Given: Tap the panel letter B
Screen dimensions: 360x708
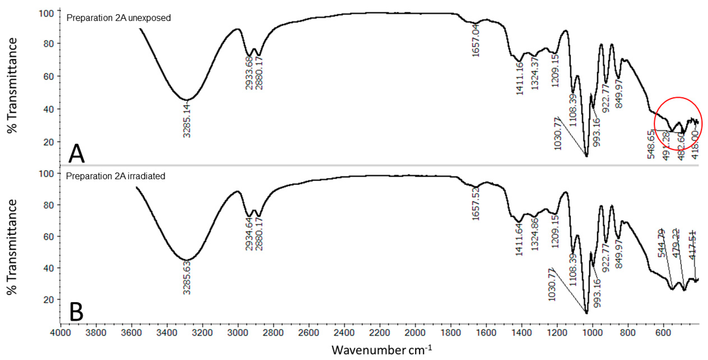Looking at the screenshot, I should coord(76,312).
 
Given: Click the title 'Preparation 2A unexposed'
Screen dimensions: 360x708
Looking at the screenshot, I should coord(118,18).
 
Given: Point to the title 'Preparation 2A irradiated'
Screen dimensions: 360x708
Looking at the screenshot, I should coord(115,176).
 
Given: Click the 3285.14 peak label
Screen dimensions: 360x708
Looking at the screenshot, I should coord(187,120).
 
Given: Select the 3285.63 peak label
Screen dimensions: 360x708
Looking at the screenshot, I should coord(187,278).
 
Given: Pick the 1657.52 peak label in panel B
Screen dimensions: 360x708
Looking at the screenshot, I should coord(476,203).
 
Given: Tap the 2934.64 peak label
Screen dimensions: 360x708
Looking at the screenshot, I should coord(249,234).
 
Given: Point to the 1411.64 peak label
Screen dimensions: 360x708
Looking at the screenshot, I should coord(519,239).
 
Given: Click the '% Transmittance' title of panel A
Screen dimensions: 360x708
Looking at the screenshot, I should coord(12,85).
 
